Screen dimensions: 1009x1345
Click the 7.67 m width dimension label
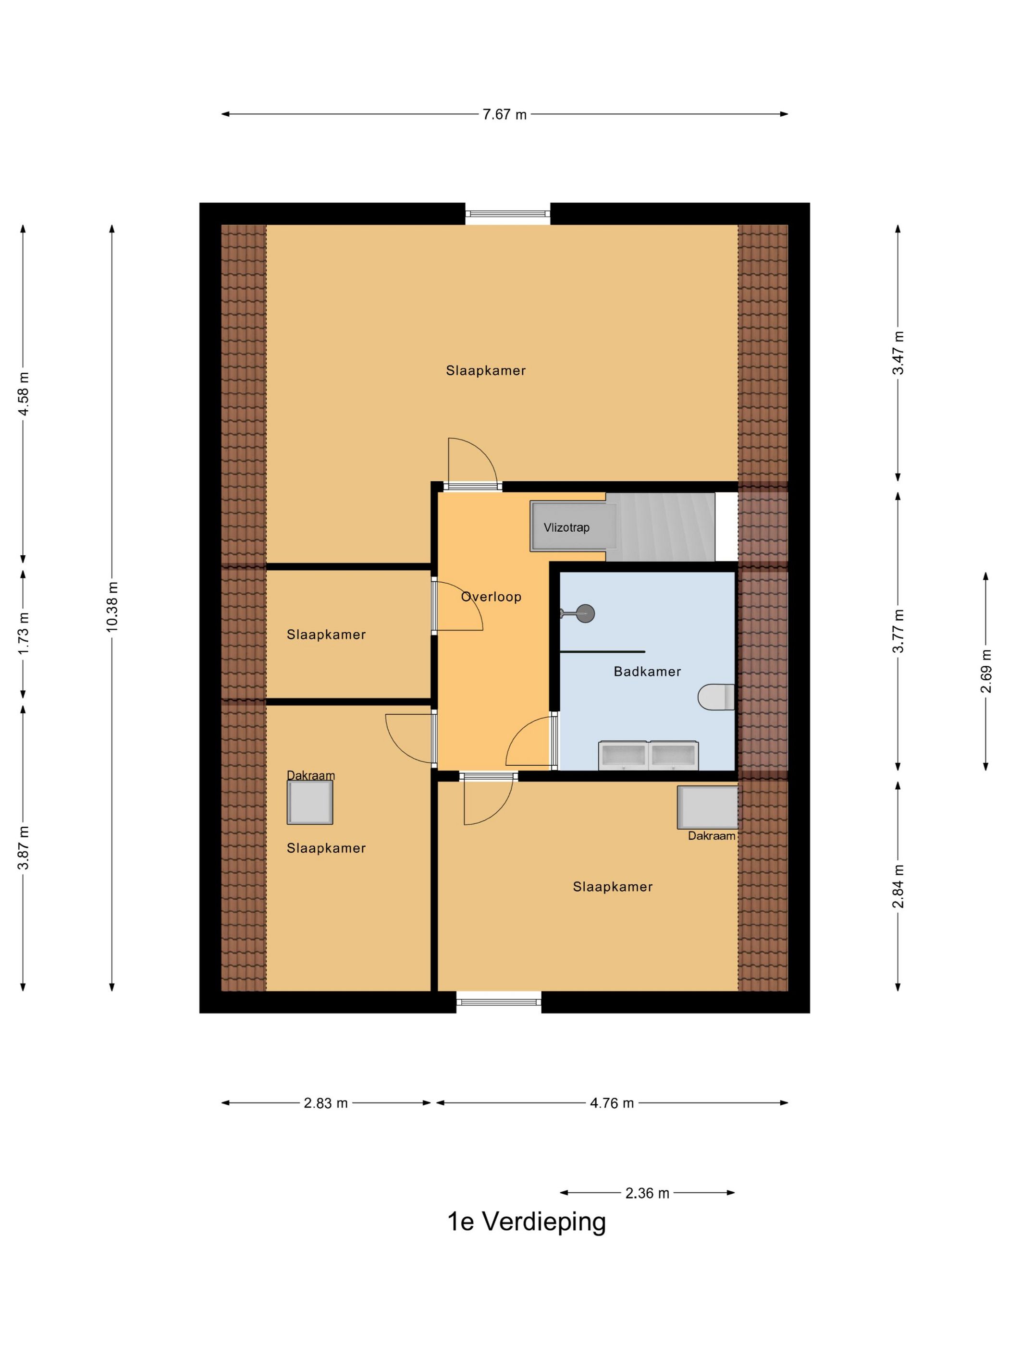pyautogui.click(x=504, y=114)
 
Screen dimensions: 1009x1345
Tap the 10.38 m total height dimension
pyautogui.click(x=112, y=606)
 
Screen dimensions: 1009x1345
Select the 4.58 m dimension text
pyautogui.click(x=23, y=393)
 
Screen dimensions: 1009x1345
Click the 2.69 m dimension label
pyautogui.click(x=985, y=671)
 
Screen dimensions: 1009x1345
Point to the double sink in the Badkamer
pyautogui.click(x=648, y=755)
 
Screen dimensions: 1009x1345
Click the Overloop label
pyautogui.click(x=491, y=597)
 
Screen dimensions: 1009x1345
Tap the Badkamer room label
pyautogui.click(x=647, y=671)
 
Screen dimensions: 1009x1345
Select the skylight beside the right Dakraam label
pyautogui.click(x=707, y=807)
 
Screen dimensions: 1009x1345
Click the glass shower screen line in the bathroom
pyautogui.click(x=602, y=651)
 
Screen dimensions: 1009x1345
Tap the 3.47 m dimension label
pyautogui.click(x=898, y=353)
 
